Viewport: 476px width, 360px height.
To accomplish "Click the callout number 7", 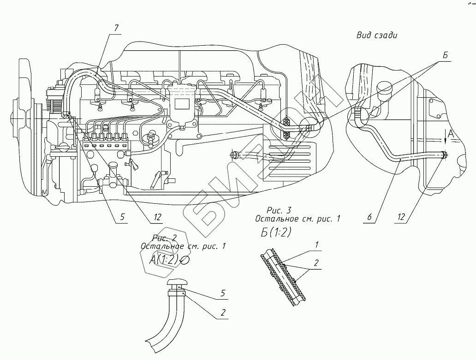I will coord(117,29).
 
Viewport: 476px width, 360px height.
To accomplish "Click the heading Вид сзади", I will coord(377,35).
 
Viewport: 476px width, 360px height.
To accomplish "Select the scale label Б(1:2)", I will coord(275,232).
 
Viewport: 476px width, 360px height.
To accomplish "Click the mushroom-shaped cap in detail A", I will coord(178,283).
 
